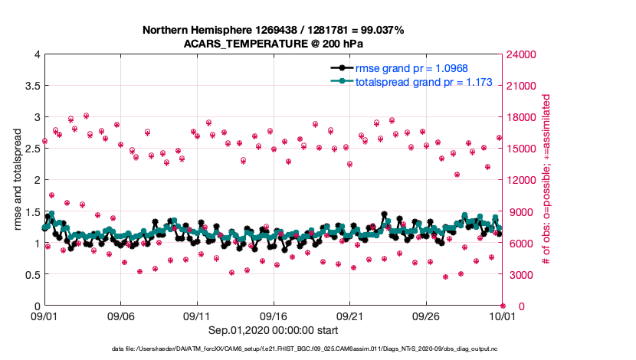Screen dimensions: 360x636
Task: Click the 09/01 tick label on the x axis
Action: [x=44, y=316]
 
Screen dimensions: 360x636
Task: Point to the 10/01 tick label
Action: [x=502, y=316]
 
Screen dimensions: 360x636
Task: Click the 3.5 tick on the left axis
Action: [x=31, y=86]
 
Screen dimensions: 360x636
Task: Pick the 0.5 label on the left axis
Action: [x=31, y=274]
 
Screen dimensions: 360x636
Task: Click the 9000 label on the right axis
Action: [x=520, y=211]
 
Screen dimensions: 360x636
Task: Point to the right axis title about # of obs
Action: [x=547, y=180]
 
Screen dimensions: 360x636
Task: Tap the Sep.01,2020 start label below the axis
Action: [x=273, y=330]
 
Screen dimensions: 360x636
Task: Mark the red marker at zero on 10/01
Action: [x=502, y=306]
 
